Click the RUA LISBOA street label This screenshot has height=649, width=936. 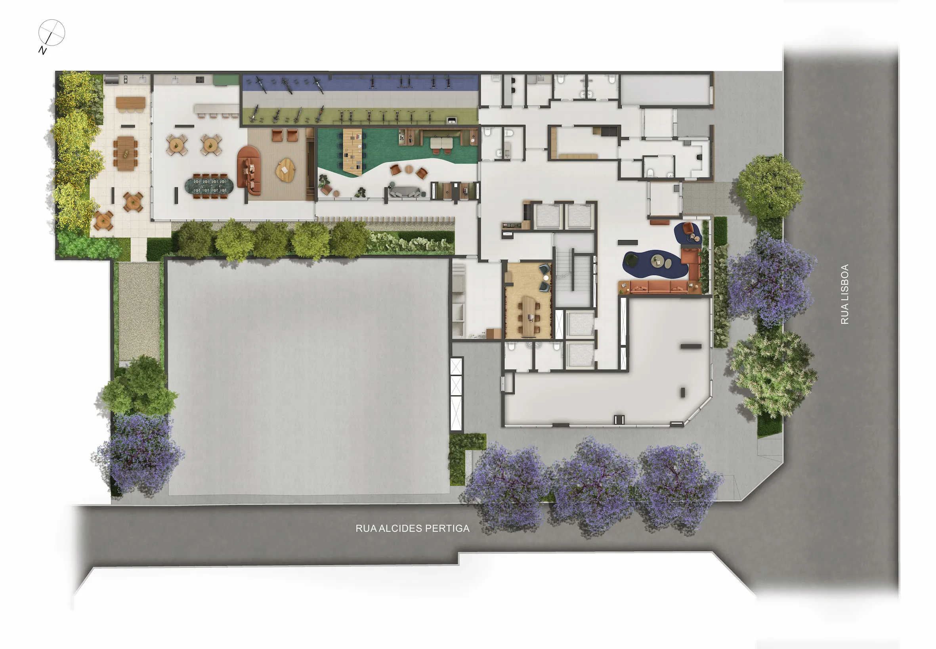pos(844,294)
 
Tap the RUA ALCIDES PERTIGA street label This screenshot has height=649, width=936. pos(412,528)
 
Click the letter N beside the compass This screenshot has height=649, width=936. pos(42,50)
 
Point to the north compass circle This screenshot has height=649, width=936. pos(52,32)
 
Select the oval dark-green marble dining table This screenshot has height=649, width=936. pos(209,186)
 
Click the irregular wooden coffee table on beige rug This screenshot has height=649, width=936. pos(285,170)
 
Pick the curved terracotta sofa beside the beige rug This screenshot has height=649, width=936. pos(248,170)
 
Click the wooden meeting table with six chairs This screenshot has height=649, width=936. pos(529,315)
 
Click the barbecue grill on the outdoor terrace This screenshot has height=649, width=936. pos(111,79)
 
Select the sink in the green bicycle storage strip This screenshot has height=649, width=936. pos(451,120)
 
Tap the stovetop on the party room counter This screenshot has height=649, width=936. pos(200,80)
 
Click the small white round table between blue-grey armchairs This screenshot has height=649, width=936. pos(546,278)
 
